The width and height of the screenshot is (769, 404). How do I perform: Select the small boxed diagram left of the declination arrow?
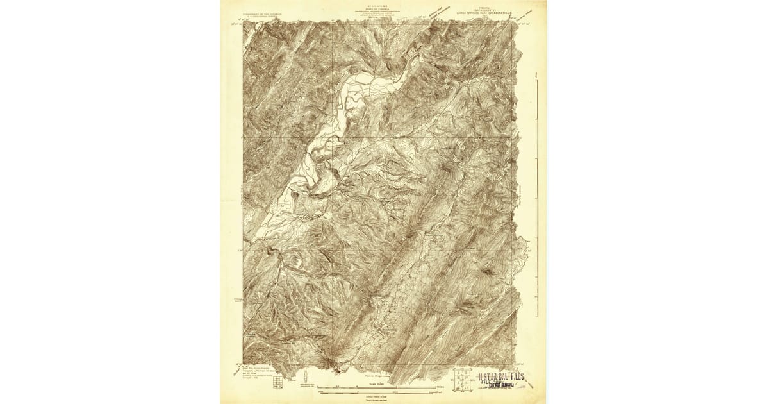click(x=276, y=383)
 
